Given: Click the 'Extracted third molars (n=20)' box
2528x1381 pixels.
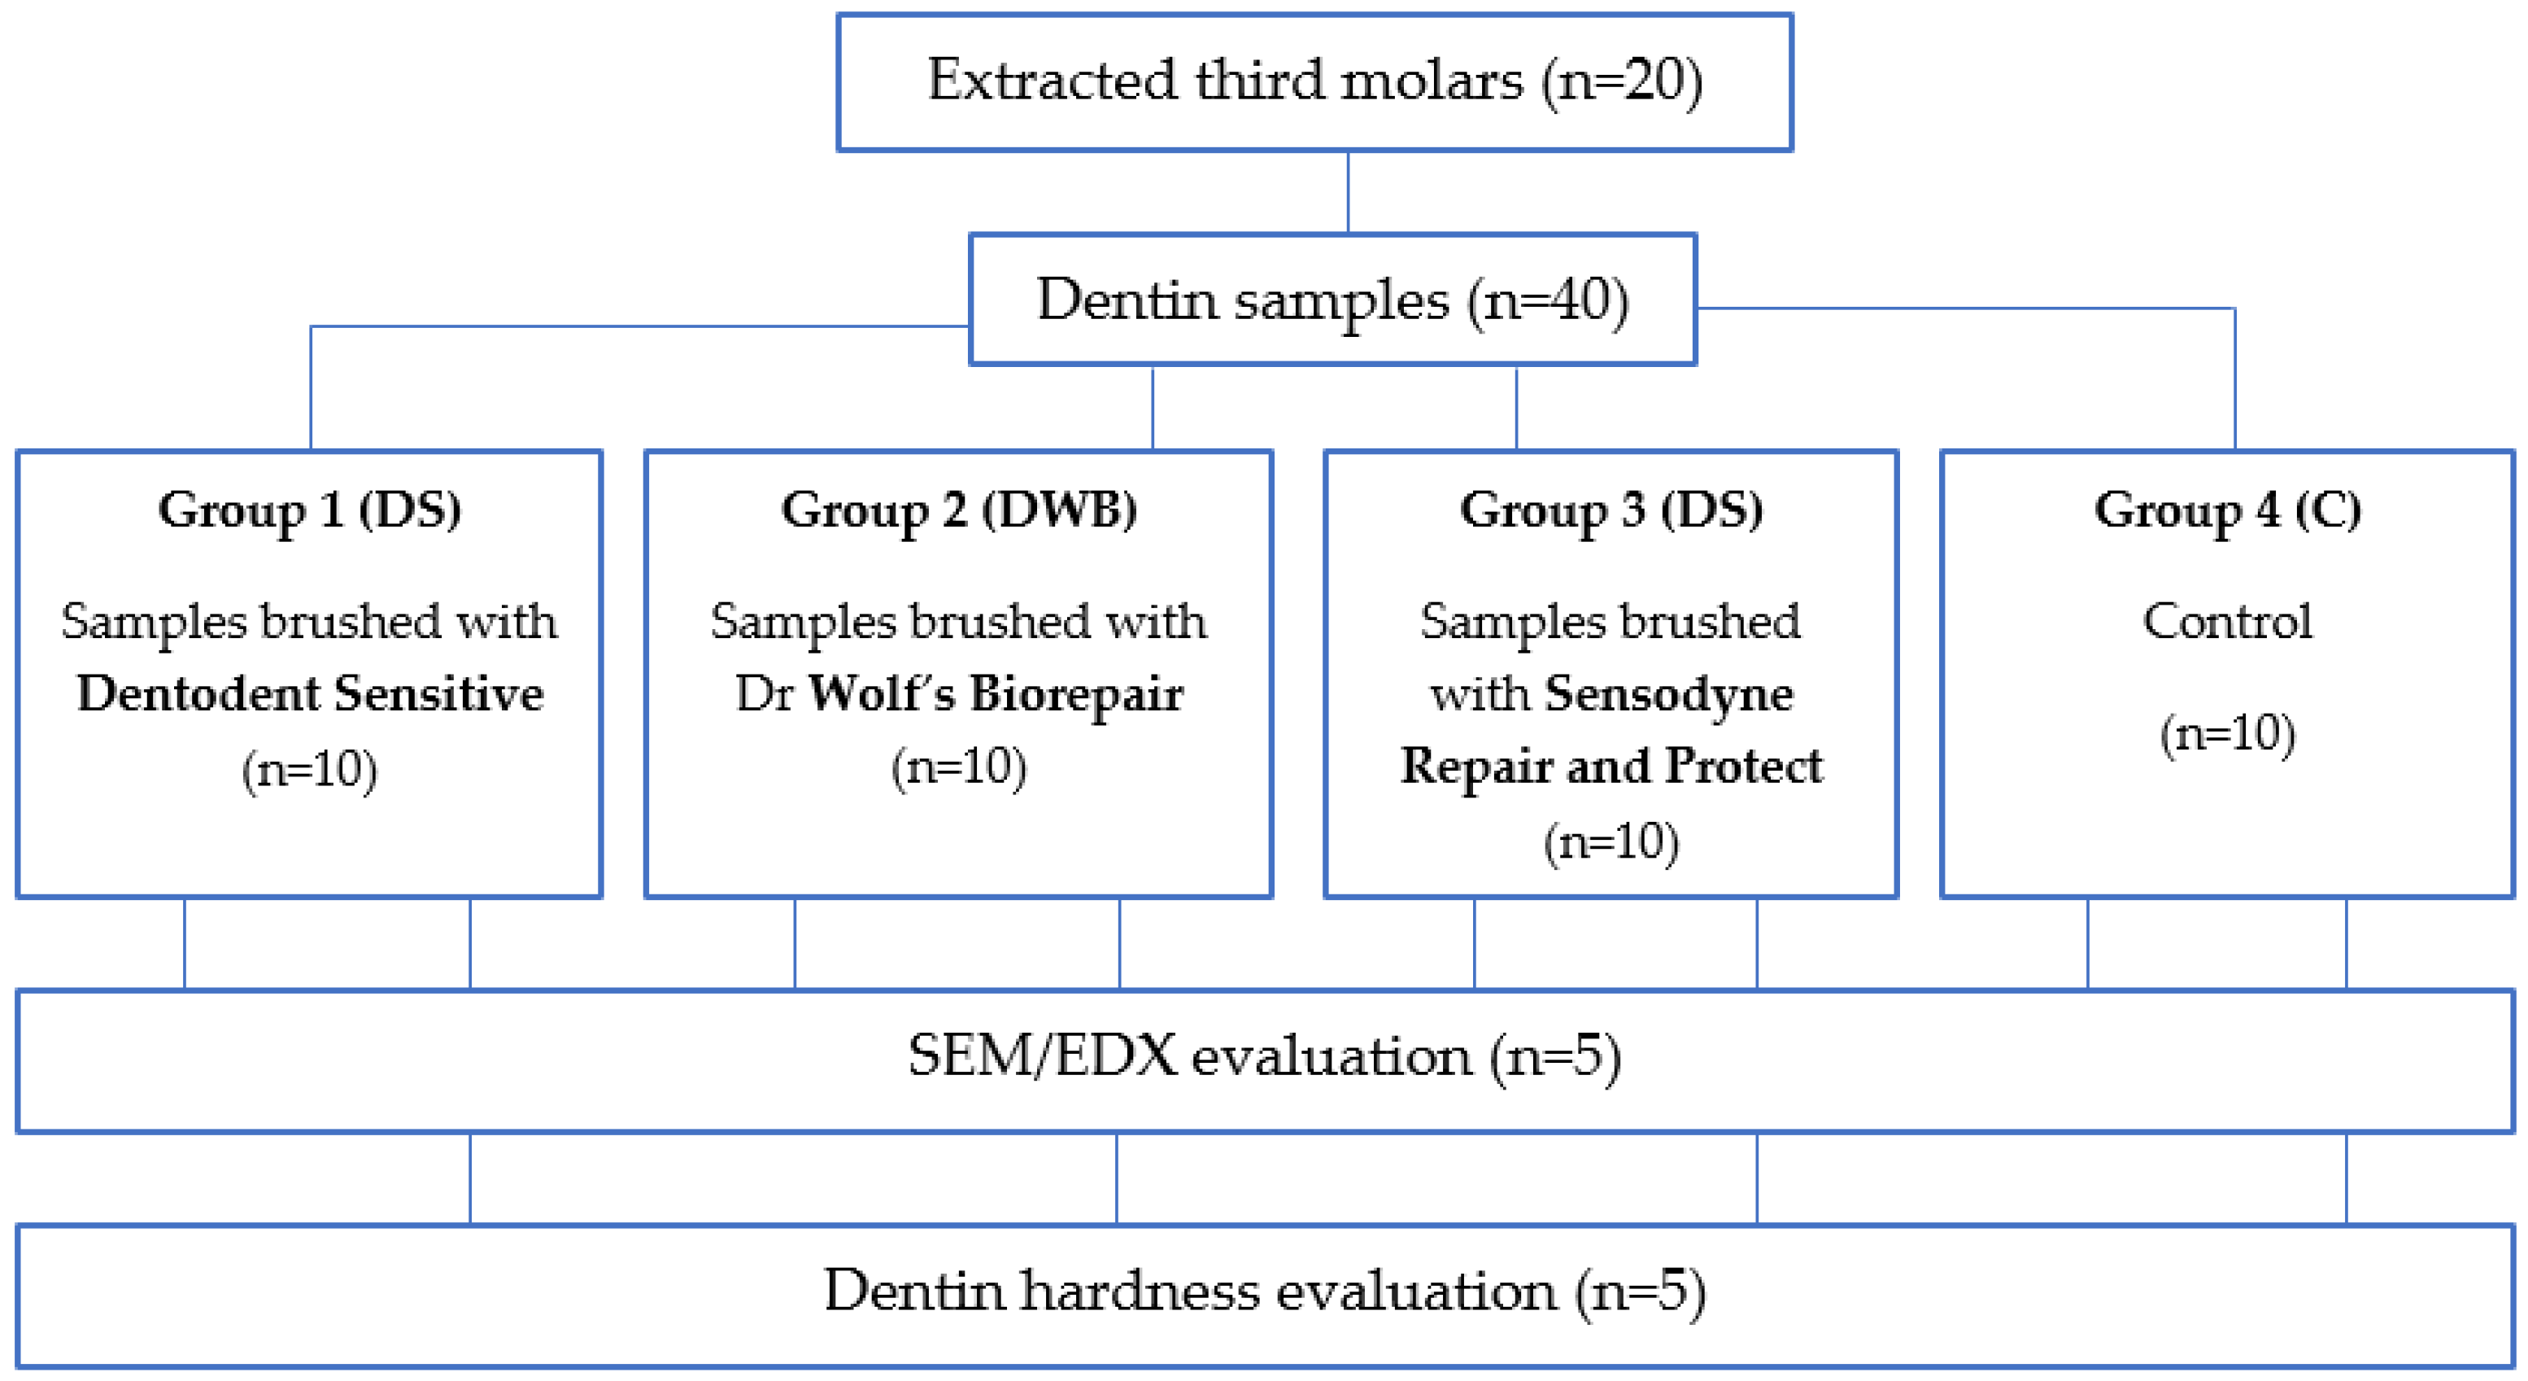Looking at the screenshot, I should coord(1314,82).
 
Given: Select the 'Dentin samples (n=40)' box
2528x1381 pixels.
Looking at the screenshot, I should coord(1332,299).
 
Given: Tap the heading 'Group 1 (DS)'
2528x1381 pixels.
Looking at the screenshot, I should coord(309,510).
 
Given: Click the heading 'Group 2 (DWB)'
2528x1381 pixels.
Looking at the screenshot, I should coord(959,510).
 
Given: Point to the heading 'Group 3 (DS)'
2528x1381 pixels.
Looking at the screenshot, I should coord(1611,510).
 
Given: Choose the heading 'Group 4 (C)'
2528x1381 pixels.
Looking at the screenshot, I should coord(2227,510).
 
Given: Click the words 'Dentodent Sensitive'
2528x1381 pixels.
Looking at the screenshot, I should coord(310,694).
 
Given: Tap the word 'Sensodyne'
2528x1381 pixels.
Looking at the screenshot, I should coord(1668,694).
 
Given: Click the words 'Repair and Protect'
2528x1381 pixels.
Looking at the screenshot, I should coord(1611,767).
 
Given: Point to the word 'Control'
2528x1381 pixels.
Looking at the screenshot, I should coord(2227,621).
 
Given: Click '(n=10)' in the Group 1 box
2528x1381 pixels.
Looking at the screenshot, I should coord(310,770).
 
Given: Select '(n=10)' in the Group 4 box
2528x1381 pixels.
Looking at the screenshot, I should coord(2227,734).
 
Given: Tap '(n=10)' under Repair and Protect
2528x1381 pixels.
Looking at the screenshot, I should coord(1611,842).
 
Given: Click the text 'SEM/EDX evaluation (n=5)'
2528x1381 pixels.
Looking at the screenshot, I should coord(1264,1058).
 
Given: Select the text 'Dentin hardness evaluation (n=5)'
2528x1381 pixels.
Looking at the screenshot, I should coord(1264,1291).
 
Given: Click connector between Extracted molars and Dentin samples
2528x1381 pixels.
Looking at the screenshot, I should coord(1348,192).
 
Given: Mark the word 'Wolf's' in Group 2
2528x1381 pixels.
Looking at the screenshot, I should coord(880,694).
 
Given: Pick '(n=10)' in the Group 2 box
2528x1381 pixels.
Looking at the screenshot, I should coord(959,767).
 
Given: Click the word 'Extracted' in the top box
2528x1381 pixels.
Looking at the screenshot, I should coord(1051,81).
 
